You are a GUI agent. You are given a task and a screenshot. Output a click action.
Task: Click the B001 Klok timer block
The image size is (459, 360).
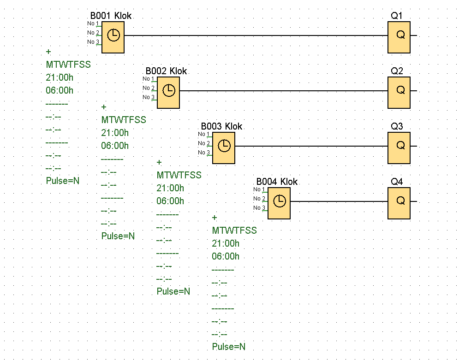coord(113,37)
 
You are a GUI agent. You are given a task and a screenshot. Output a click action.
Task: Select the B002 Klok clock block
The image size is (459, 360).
coord(168,92)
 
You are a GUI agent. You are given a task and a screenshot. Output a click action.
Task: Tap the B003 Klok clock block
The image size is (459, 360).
coord(224,148)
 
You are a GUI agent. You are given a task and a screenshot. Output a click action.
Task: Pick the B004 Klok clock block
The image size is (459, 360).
coord(279,203)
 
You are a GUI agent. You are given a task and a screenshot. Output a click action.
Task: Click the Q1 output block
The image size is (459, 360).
coord(399,37)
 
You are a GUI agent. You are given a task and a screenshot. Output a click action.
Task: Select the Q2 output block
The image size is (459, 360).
coord(399,92)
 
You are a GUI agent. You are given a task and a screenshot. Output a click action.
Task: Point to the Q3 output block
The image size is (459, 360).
coord(399,148)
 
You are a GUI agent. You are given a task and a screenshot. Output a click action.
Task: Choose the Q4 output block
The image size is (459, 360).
coord(399,203)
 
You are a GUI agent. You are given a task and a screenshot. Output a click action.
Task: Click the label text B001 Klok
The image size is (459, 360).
coord(111,16)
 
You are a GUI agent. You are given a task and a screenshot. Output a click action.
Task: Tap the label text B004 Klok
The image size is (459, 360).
coord(277,182)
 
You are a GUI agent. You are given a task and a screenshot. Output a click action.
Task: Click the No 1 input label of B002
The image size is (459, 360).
coord(148,79)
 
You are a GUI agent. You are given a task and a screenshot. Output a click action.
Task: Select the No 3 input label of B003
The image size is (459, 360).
coord(204,153)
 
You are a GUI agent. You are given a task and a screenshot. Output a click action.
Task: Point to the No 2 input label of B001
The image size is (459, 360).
coord(93,32)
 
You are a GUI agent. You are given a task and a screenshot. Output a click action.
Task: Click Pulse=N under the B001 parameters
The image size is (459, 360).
coord(63,181)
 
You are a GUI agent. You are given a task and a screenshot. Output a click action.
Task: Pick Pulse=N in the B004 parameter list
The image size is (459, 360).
coord(229,347)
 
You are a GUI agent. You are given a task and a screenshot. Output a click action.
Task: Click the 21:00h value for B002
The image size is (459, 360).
coord(115,133)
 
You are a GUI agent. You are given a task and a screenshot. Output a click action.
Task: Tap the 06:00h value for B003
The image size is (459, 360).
coord(170,201)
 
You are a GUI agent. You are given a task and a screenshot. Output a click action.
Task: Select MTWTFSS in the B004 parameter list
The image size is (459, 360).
coord(234,230)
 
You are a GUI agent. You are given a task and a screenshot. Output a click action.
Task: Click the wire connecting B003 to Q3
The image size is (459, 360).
coord(311,146)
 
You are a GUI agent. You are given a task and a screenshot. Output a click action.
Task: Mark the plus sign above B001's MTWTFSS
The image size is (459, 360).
coord(48,52)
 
